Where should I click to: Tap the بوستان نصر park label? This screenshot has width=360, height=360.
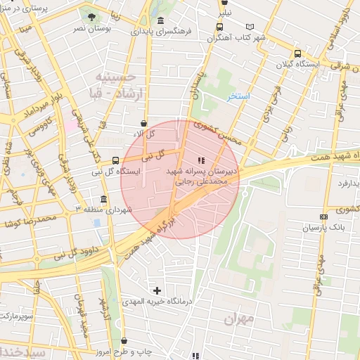(90, 28)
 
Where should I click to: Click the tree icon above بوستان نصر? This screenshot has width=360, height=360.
(89, 15)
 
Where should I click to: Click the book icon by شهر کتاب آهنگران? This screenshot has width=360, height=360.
(261, 27)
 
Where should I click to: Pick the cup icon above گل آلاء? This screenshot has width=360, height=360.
(144, 123)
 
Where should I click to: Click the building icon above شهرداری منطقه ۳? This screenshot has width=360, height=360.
(104, 199)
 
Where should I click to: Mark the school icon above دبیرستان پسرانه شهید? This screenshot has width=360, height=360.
(202, 160)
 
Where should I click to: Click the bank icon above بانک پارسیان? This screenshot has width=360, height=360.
(323, 217)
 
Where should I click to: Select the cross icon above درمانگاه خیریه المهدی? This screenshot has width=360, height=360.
(157, 290)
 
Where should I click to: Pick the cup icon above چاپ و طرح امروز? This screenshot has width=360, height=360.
(124, 341)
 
